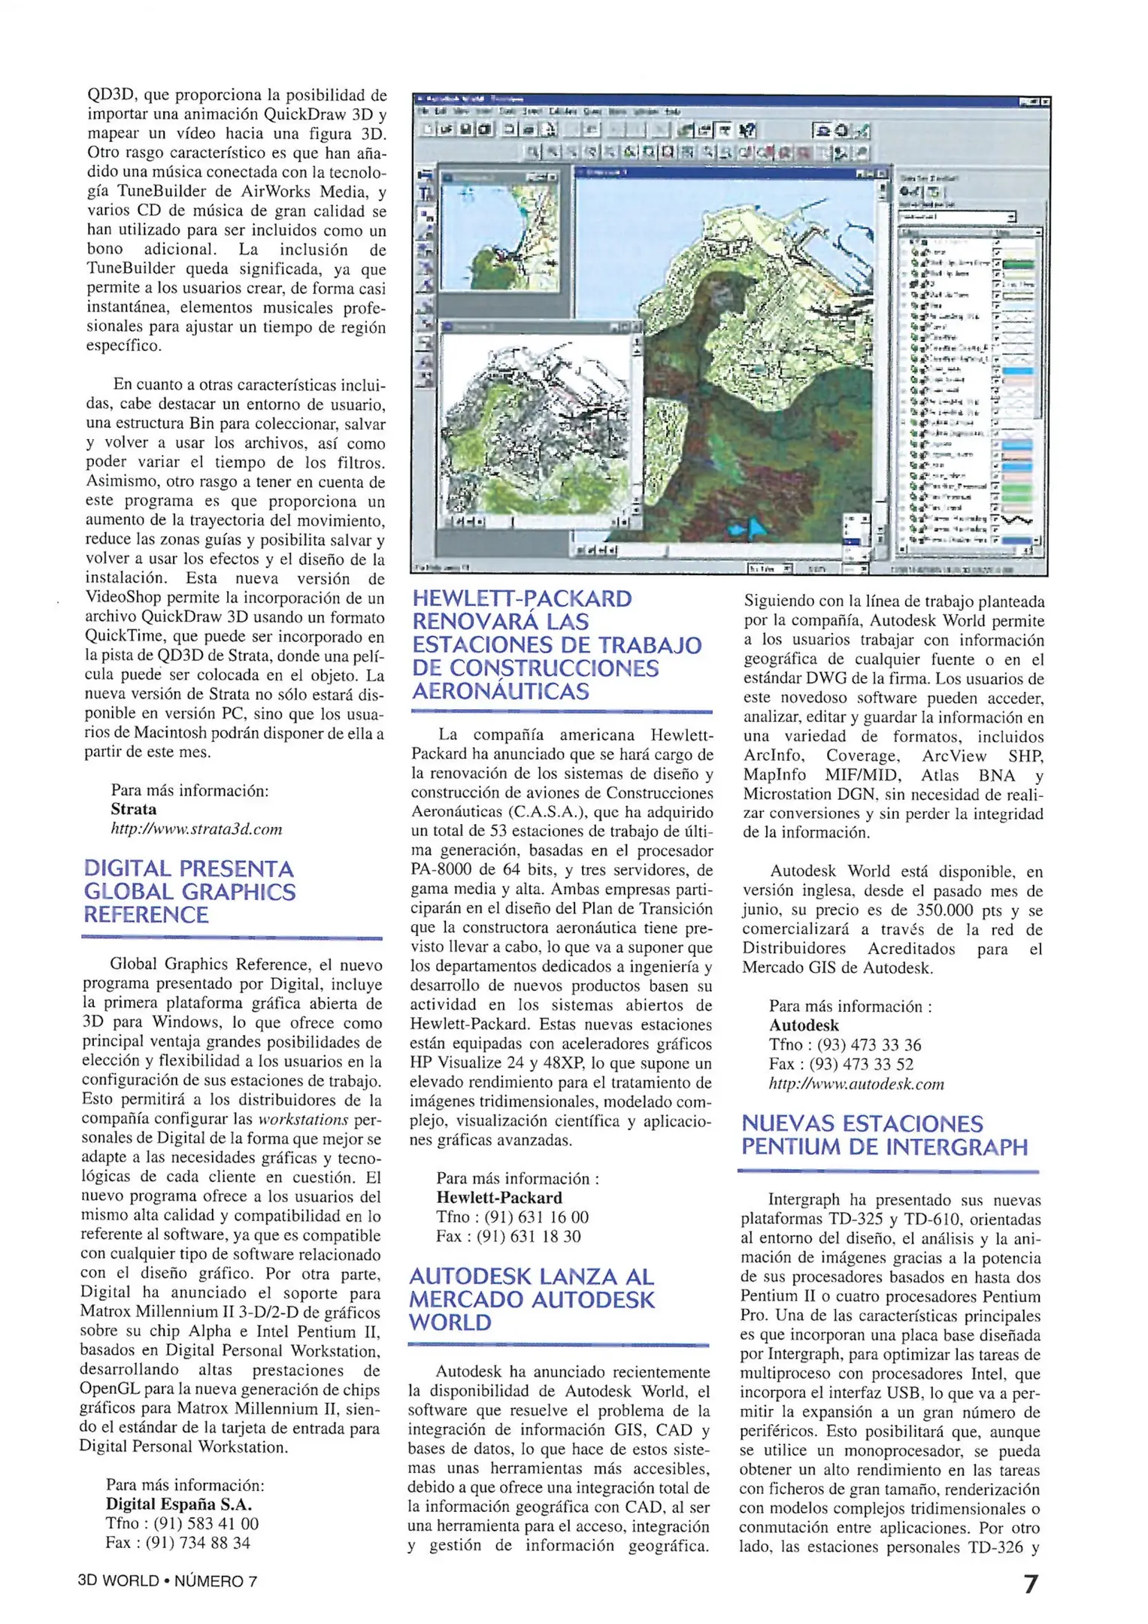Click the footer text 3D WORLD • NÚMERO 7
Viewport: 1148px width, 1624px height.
168,1580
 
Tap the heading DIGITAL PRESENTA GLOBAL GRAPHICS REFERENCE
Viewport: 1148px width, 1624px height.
189,892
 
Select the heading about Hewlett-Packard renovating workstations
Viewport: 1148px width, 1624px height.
556,645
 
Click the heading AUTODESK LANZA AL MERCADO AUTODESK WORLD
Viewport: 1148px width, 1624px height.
532,1298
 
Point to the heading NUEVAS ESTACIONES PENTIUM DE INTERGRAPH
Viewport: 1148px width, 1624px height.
884,1135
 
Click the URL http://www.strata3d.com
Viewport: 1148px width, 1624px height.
196,829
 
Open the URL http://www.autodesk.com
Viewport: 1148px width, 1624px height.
856,1084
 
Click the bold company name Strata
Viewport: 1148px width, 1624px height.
134,810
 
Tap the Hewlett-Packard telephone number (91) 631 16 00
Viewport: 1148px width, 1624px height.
536,1217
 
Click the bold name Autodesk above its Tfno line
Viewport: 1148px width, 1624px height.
804,1026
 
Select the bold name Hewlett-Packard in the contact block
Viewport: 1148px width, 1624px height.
499,1198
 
